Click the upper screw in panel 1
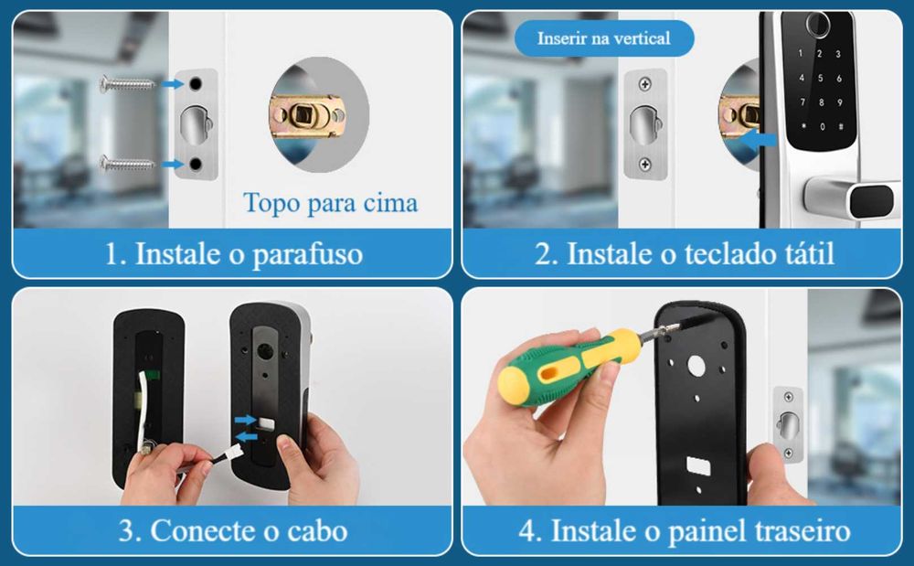(x=127, y=84)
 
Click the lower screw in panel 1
(x=127, y=164)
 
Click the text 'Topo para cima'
(x=330, y=202)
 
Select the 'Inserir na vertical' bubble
(x=603, y=38)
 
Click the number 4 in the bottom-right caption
(x=526, y=530)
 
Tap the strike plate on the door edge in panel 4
(x=788, y=422)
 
